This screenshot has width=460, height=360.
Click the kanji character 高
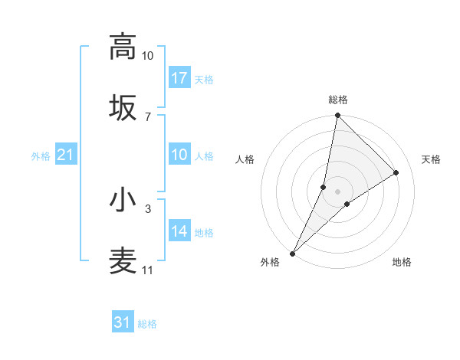[123, 47]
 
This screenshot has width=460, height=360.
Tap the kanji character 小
[123, 200]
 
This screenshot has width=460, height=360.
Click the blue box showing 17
[179, 78]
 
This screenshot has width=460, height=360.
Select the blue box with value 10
[179, 155]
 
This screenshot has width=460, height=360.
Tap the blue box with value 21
[65, 155]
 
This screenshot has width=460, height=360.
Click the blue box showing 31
[123, 323]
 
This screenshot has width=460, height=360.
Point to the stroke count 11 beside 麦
[147, 270]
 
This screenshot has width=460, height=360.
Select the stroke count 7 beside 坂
[147, 116]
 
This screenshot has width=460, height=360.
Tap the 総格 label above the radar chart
[338, 100]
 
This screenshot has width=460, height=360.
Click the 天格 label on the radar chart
[431, 159]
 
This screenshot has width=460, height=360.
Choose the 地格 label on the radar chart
[402, 262]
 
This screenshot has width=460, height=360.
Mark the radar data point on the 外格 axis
[293, 253]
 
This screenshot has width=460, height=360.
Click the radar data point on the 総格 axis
[337, 116]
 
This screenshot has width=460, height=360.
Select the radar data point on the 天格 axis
[396, 172]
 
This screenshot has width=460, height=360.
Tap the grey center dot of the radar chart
[337, 191]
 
